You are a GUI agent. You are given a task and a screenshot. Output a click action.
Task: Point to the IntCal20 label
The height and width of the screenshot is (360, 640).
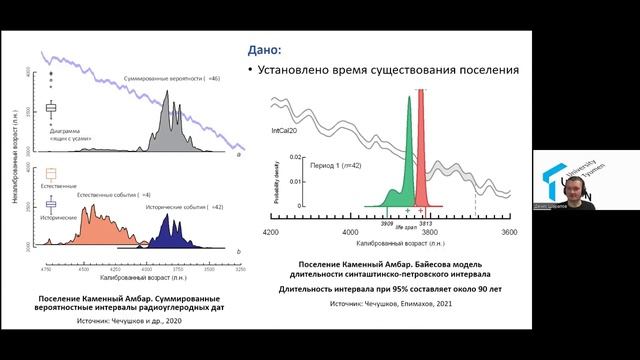tap(289, 131)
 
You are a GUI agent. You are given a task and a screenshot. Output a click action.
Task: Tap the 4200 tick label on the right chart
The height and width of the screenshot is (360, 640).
tap(269, 232)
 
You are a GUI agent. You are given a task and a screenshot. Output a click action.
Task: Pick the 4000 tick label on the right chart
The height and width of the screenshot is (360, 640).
tap(350, 232)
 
